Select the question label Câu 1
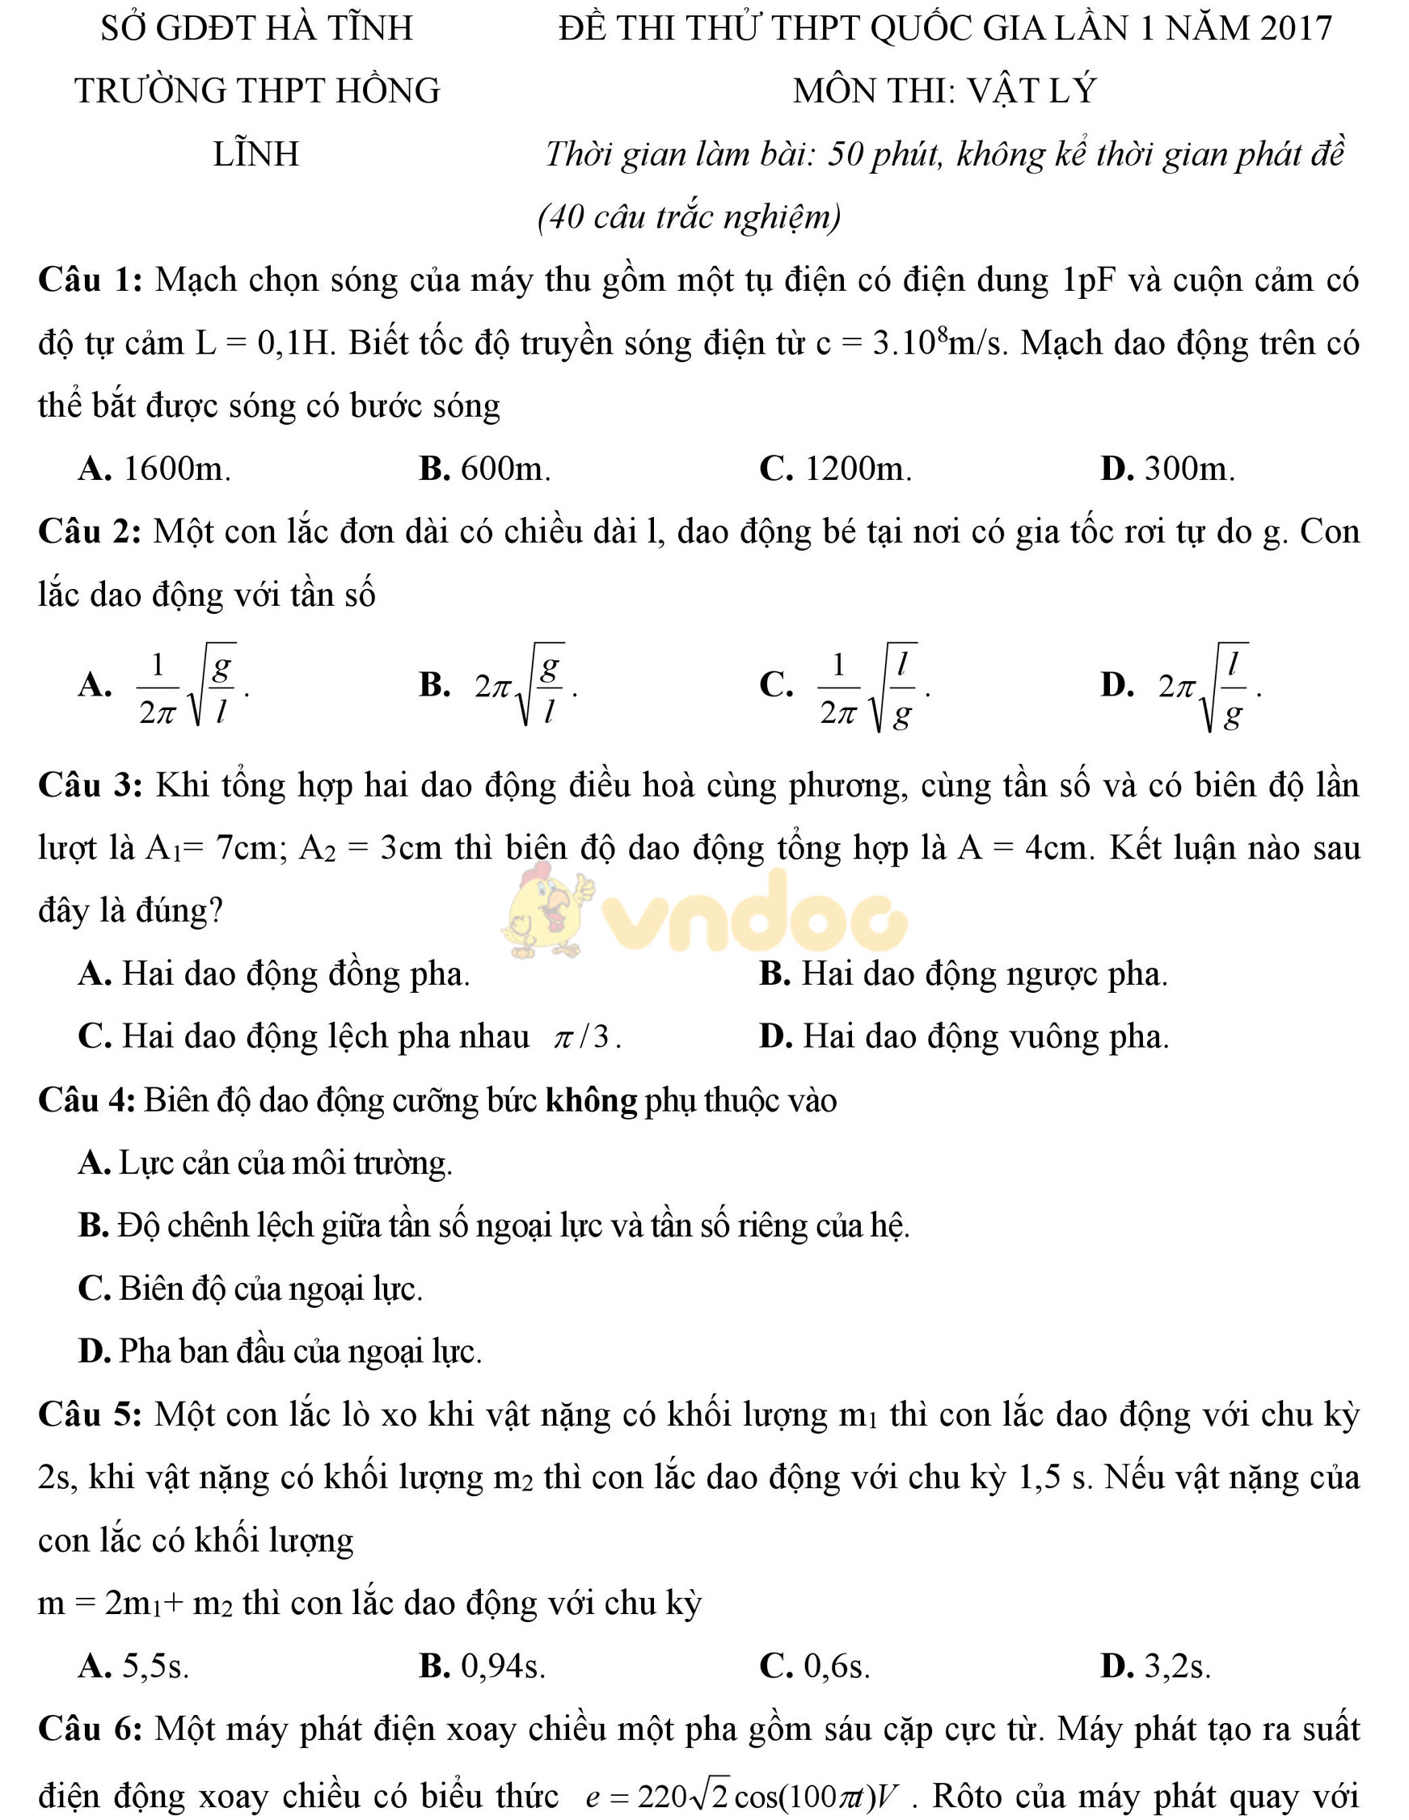[90, 280]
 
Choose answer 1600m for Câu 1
[176, 469]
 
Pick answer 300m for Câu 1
[1189, 469]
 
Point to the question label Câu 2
[90, 532]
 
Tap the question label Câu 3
[90, 785]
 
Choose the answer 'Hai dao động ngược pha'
[984, 973]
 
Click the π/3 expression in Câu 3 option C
[587, 1037]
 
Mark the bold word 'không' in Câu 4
[591, 1101]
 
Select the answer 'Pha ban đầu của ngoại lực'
[300, 1351]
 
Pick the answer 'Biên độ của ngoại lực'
[271, 1289]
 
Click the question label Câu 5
[90, 1415]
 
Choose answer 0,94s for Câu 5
[503, 1667]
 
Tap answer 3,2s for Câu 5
[1177, 1667]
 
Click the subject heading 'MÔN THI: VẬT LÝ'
[944, 90]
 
